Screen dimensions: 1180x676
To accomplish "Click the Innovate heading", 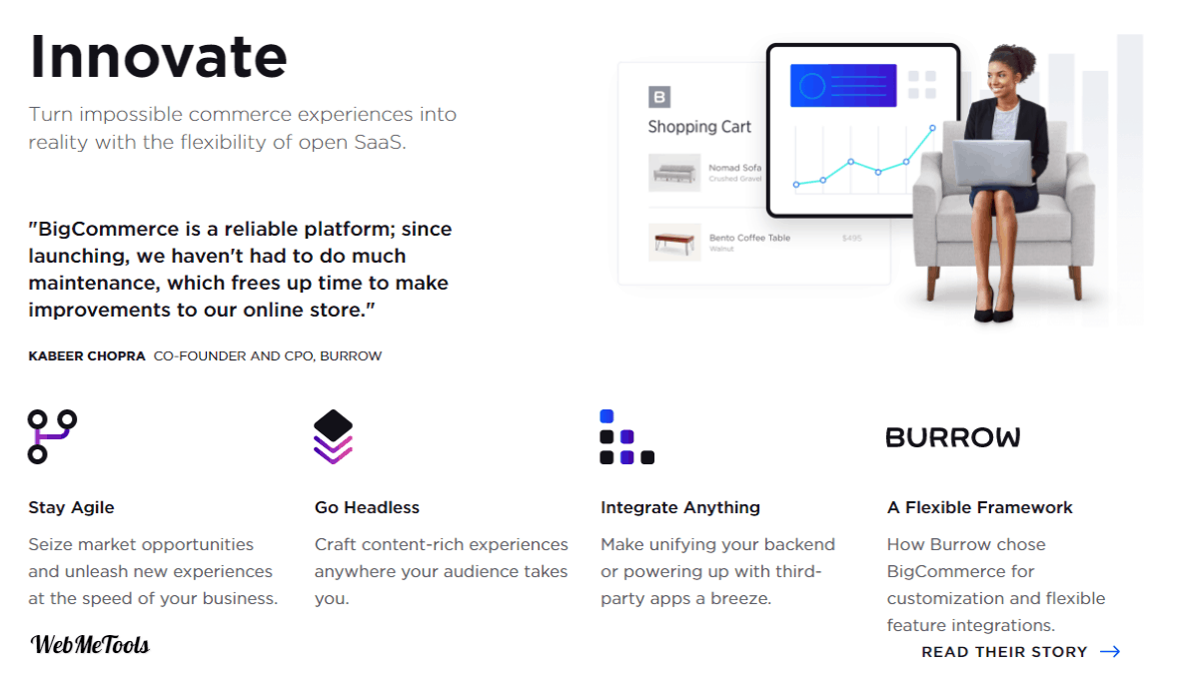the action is (158, 56).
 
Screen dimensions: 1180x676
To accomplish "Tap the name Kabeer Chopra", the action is (87, 355).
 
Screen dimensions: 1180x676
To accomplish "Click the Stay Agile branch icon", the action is (52, 437).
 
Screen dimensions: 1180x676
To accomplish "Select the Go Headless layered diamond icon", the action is (333, 437).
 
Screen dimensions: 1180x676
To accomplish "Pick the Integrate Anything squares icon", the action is (626, 437).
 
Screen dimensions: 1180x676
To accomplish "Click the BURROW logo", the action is (953, 437).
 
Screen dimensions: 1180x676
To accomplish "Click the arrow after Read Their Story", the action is (1110, 652).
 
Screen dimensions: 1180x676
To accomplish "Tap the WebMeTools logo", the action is (90, 644).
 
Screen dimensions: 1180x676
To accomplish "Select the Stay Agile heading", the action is (72, 507).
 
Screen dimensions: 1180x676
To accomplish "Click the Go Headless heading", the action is (367, 507).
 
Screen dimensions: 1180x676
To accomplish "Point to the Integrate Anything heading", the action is (680, 507).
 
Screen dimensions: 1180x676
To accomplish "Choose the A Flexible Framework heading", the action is (980, 507).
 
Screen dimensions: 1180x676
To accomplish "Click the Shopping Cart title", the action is (699, 127).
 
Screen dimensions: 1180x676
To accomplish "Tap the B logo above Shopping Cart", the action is (659, 97).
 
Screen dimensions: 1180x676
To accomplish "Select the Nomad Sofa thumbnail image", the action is (674, 172).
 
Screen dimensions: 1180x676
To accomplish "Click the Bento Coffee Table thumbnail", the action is (674, 242).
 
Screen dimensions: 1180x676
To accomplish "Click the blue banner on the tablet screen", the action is (843, 86).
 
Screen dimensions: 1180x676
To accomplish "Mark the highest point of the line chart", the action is (932, 129).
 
